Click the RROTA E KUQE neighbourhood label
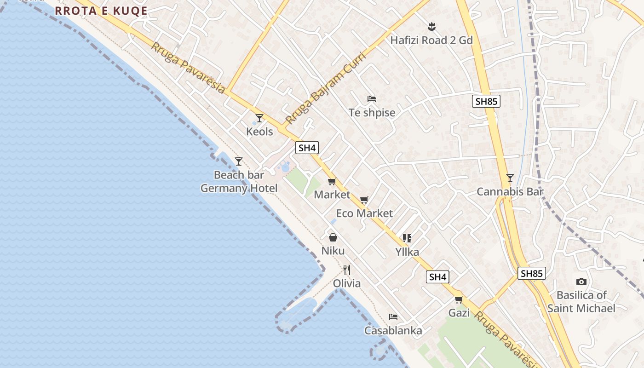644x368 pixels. point(101,11)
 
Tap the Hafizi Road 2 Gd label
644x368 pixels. point(431,40)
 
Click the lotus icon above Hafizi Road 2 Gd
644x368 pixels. point(431,26)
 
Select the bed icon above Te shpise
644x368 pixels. point(372,99)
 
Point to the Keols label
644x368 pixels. point(259,132)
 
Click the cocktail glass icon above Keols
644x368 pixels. point(259,118)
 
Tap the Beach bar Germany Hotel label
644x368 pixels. point(239,182)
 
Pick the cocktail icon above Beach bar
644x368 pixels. point(238,161)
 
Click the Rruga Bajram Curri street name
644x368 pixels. point(325,89)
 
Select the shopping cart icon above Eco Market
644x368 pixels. point(364,200)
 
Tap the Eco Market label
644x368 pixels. point(364,213)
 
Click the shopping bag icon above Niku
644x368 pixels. point(333,237)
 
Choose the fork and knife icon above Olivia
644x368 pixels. point(347,270)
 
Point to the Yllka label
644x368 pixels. point(407,252)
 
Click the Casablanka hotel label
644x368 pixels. point(393,330)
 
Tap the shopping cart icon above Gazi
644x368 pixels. point(459,300)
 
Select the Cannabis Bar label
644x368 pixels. point(510,192)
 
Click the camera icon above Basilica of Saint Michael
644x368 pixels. point(581,282)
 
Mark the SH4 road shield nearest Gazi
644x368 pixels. point(437,277)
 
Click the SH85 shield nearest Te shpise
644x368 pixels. point(486,101)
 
